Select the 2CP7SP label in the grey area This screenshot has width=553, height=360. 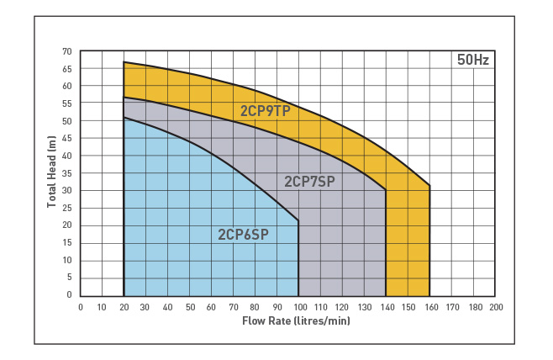[x=309, y=181]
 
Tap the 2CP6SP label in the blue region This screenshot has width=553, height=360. [x=243, y=235]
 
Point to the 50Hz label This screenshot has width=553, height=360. [x=472, y=61]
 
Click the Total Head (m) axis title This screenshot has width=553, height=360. [x=51, y=173]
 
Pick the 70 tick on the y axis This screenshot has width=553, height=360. [x=66, y=51]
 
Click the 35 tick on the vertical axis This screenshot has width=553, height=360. [x=66, y=173]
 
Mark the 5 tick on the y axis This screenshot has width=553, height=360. [x=69, y=278]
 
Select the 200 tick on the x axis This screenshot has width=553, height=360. [x=496, y=307]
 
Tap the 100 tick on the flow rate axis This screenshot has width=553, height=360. [x=298, y=307]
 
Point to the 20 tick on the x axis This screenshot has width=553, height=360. [x=124, y=307]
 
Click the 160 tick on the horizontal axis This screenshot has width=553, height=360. [x=429, y=307]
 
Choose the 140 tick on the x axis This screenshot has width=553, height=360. [x=386, y=307]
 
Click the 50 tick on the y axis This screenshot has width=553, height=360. [x=66, y=121]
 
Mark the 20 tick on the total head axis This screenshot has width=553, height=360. [x=66, y=225]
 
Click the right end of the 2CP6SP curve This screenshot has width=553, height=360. [x=298, y=221]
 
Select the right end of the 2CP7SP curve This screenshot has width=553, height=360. [x=386, y=190]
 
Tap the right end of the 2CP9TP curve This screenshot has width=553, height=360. [x=429, y=186]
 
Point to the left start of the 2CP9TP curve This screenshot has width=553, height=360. [x=124, y=62]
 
